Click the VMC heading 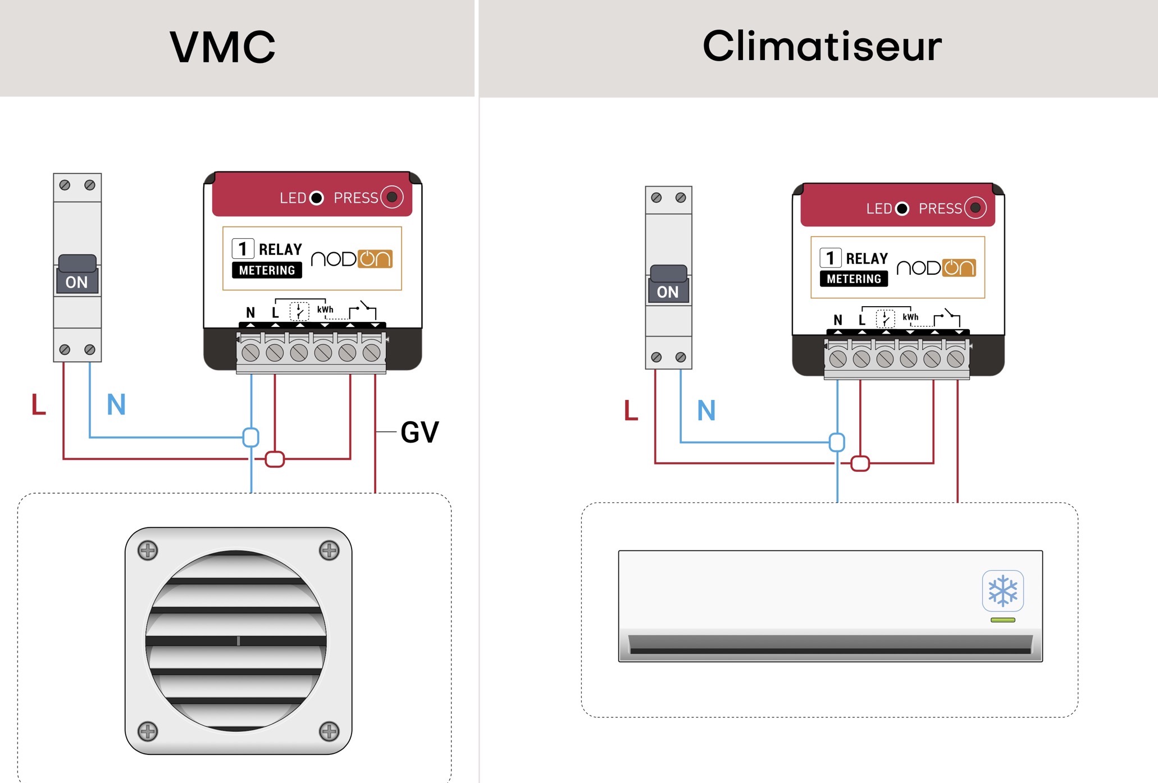(x=223, y=47)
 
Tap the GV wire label (x=420, y=432)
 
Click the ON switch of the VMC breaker (x=77, y=275)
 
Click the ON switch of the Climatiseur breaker (x=668, y=284)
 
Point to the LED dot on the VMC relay (x=317, y=198)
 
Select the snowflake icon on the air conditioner (x=1003, y=590)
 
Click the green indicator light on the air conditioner (x=1003, y=620)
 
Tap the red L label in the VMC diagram (x=38, y=404)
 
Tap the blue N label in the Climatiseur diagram (x=706, y=410)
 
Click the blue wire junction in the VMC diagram (x=251, y=437)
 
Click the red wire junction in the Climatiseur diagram (x=860, y=463)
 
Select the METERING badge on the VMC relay (x=267, y=270)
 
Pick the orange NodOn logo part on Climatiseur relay (x=959, y=268)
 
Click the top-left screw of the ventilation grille (x=148, y=550)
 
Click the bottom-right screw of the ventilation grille (x=329, y=731)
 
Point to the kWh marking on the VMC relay (x=325, y=309)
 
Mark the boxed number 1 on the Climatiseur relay (x=831, y=258)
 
